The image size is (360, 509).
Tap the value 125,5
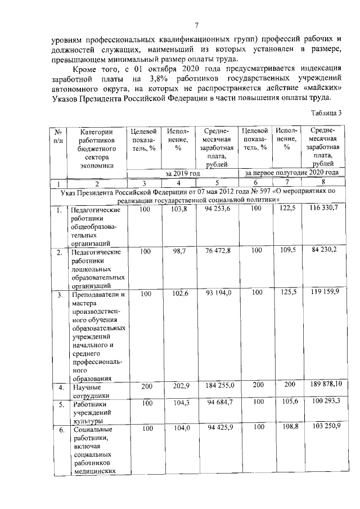tap(287, 293)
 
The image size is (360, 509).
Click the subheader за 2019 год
tap(182, 173)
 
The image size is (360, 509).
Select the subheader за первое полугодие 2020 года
tap(291, 173)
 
